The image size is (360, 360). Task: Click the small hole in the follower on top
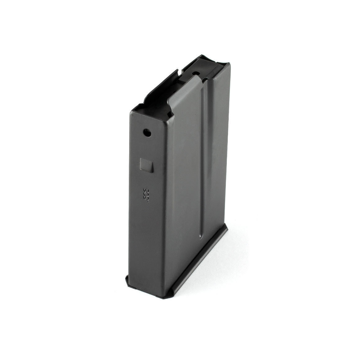pyautogui.click(x=195, y=74)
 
